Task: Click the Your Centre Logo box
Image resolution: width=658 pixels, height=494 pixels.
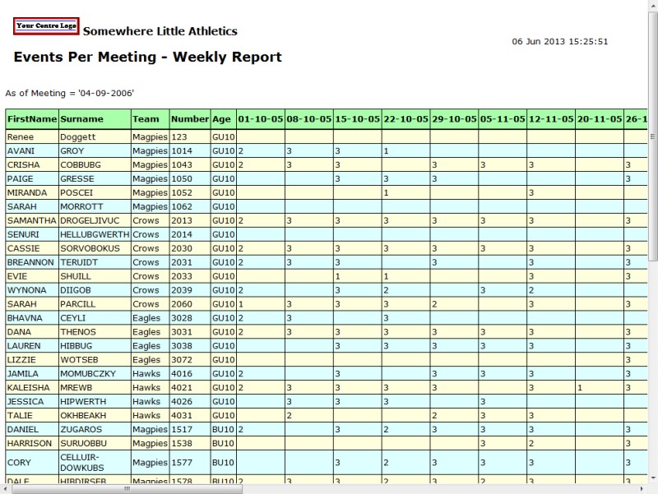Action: click(46, 25)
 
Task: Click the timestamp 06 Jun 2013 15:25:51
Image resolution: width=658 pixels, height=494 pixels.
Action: click(559, 41)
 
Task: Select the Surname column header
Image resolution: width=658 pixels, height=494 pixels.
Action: click(81, 119)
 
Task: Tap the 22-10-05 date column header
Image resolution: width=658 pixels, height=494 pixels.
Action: click(405, 119)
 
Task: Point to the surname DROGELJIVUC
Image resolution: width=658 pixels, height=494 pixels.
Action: click(90, 220)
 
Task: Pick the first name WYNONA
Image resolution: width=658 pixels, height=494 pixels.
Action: click(27, 290)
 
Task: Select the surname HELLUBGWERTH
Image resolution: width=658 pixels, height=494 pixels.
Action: click(95, 234)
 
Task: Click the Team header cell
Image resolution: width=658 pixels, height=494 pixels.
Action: click(146, 119)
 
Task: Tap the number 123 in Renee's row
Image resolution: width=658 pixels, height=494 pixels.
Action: click(179, 137)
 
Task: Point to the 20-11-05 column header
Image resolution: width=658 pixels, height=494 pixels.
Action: click(599, 119)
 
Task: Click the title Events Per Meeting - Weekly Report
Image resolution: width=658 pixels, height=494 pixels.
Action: click(148, 58)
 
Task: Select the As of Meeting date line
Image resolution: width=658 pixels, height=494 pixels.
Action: click(70, 93)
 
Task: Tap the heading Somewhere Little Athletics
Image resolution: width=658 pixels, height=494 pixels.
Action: click(160, 31)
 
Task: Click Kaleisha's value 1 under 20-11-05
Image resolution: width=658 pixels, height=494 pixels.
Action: click(580, 387)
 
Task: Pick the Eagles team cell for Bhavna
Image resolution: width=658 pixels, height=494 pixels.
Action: click(146, 318)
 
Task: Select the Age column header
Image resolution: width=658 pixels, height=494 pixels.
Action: click(222, 119)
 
